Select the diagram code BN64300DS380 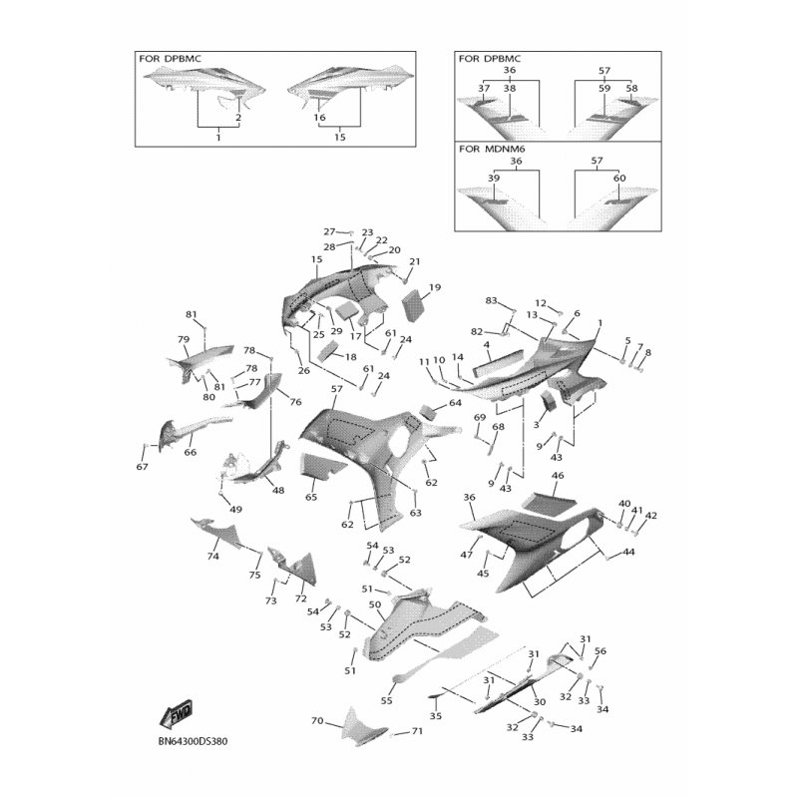(193, 741)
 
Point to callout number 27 (330, 231)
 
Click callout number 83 (491, 300)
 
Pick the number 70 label (317, 720)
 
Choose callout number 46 (558, 476)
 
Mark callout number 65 (311, 497)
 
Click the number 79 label (184, 339)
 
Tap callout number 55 (387, 700)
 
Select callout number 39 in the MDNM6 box (494, 179)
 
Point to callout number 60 (619, 179)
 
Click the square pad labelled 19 (414, 304)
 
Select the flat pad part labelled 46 (549, 502)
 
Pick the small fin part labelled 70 (362, 727)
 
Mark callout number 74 (212, 557)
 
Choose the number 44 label (629, 552)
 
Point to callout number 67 (142, 466)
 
